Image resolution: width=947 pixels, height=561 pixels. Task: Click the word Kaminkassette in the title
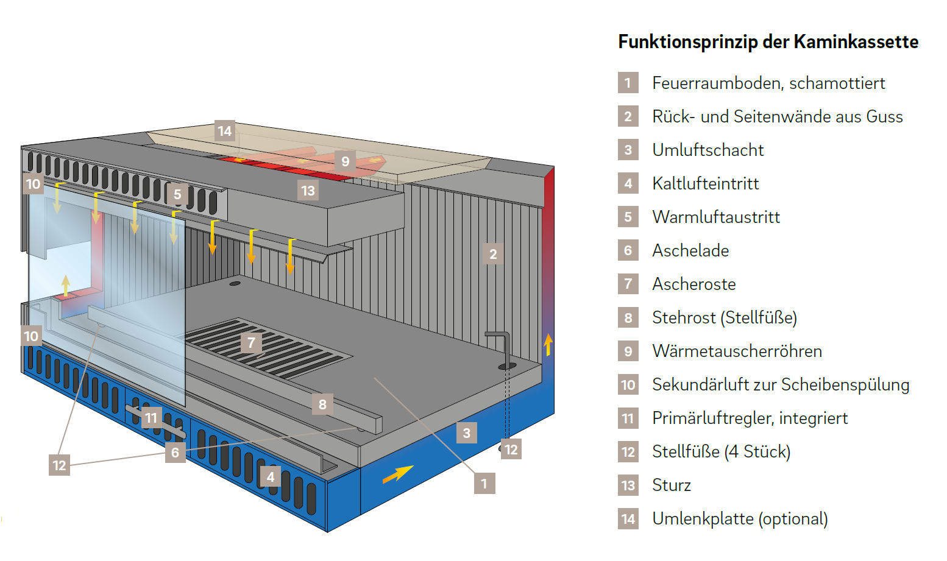click(856, 42)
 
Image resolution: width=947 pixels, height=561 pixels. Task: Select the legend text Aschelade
click(690, 250)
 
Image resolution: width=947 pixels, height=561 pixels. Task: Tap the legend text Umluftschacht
click(708, 150)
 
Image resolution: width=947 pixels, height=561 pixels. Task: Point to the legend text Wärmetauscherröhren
click(737, 351)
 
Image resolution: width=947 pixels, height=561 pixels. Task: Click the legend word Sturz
click(672, 485)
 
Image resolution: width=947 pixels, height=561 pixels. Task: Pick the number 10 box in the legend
click(628, 384)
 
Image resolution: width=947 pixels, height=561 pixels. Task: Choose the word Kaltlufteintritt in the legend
click(705, 183)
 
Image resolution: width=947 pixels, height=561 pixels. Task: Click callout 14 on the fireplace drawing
click(224, 130)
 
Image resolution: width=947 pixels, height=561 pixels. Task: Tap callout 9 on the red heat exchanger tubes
click(345, 161)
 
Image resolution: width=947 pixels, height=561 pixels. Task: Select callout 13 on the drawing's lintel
click(308, 191)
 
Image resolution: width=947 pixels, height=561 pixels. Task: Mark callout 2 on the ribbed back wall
click(493, 254)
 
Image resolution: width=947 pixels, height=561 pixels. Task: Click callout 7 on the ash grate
click(251, 342)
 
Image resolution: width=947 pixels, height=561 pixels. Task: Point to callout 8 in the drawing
click(322, 404)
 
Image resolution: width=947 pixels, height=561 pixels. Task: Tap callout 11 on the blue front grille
click(151, 418)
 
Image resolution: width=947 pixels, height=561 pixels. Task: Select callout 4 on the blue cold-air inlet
click(271, 476)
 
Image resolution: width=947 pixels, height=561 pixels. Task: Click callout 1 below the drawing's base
click(484, 483)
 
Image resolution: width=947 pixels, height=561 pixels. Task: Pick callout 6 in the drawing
click(175, 453)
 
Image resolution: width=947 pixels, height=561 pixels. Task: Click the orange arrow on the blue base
click(398, 474)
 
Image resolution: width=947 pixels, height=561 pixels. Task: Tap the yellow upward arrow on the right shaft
click(548, 344)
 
